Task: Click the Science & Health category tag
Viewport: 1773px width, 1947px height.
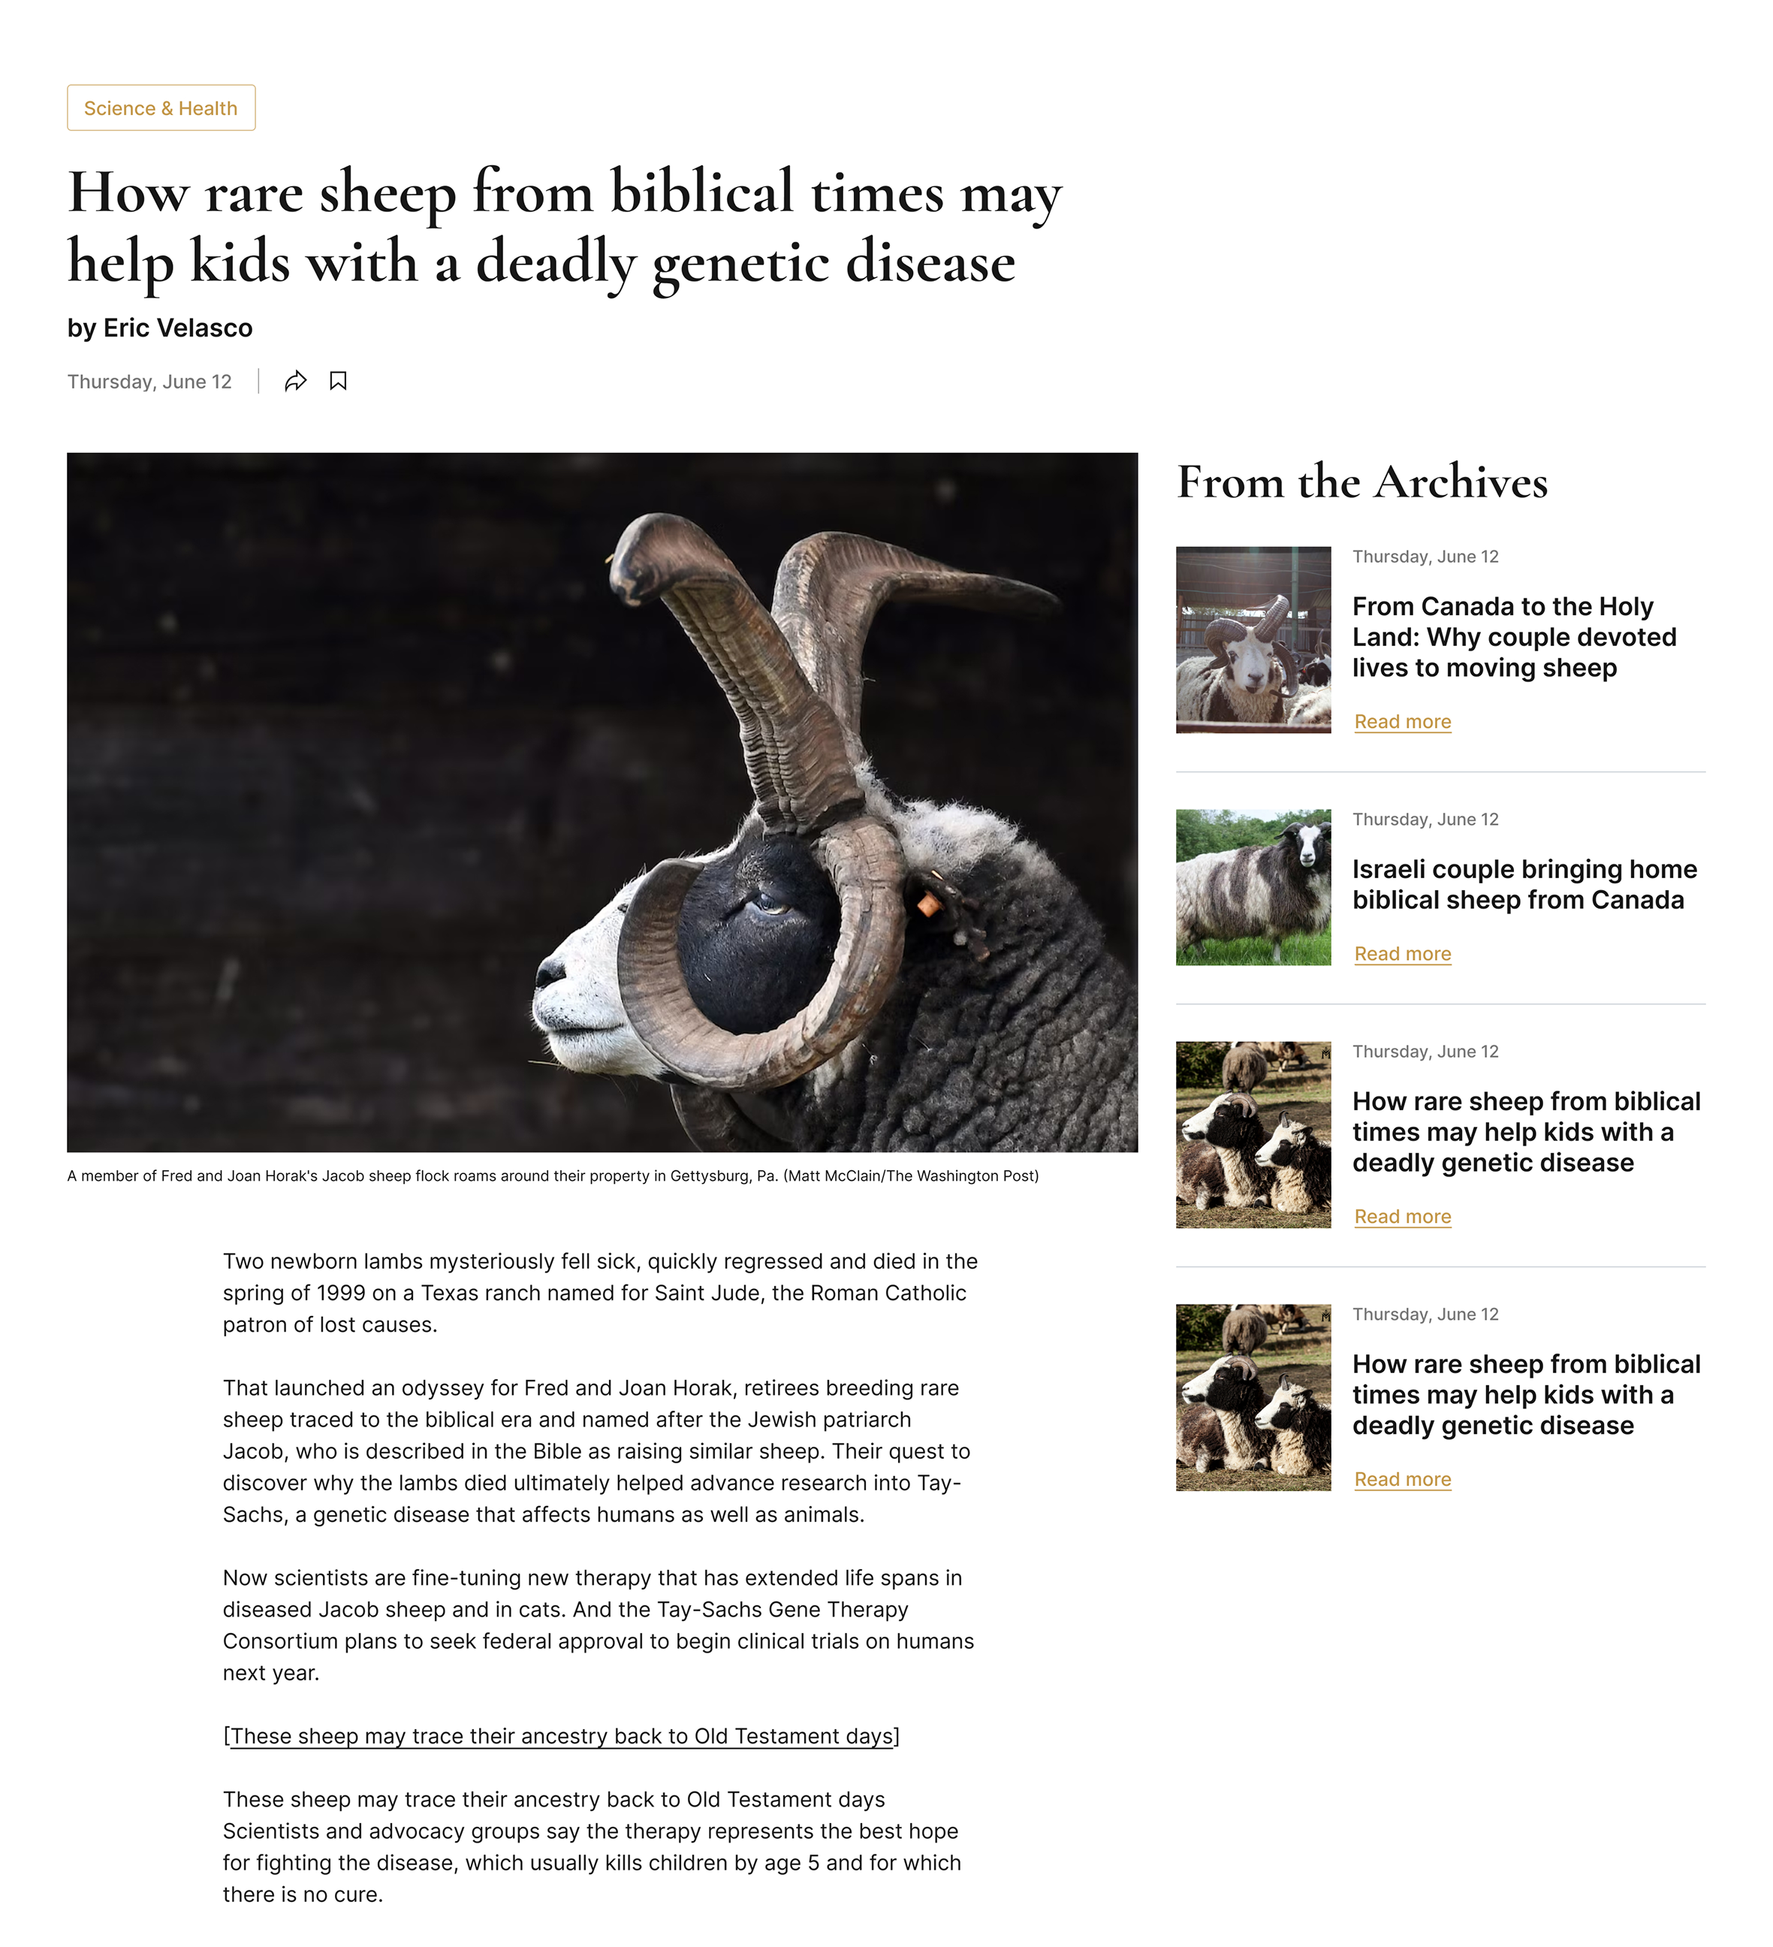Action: tap(160, 108)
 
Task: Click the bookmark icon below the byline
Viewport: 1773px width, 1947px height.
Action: tap(338, 382)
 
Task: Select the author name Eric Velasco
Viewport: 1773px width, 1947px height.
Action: tap(178, 328)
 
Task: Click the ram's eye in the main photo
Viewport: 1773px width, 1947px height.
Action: tap(771, 905)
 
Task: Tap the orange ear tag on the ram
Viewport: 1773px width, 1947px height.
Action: tap(928, 905)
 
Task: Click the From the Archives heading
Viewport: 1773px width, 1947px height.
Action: tap(1361, 482)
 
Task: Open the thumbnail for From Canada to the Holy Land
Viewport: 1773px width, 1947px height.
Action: tap(1253, 640)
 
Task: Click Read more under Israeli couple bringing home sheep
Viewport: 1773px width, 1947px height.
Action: tap(1402, 954)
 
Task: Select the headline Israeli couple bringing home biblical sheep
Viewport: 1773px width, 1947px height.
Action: tap(1524, 885)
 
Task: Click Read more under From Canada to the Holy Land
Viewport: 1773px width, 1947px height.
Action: tap(1402, 723)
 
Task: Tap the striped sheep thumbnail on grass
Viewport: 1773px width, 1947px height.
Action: tap(1253, 888)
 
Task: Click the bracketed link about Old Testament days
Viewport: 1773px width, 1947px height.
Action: tap(561, 1737)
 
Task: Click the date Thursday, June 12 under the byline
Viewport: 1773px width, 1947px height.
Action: tap(149, 382)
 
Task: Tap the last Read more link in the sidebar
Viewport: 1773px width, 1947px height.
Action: tap(1402, 1480)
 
